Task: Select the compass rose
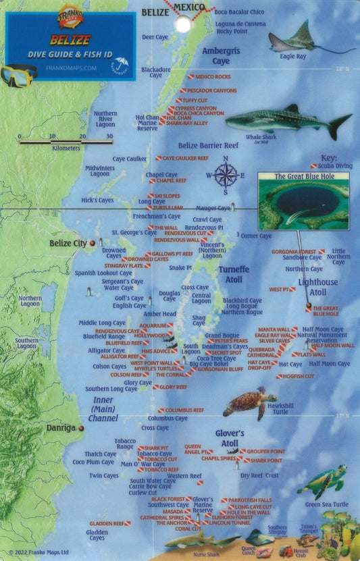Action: (226, 175)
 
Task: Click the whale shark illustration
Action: (287, 122)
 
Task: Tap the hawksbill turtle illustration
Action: (249, 403)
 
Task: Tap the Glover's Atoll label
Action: (229, 439)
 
